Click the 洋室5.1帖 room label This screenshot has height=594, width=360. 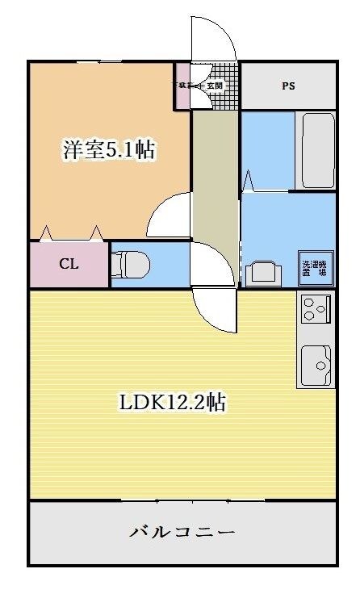tap(109, 149)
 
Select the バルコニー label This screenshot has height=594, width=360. tap(182, 533)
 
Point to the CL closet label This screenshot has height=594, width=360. tap(68, 265)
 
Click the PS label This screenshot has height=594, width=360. tap(288, 86)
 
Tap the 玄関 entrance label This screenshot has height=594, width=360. tap(214, 84)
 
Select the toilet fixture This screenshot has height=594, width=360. tap(130, 263)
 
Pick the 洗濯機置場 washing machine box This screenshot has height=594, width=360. tap(315, 267)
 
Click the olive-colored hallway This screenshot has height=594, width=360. tap(216, 194)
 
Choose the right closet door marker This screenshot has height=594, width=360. tap(97, 233)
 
